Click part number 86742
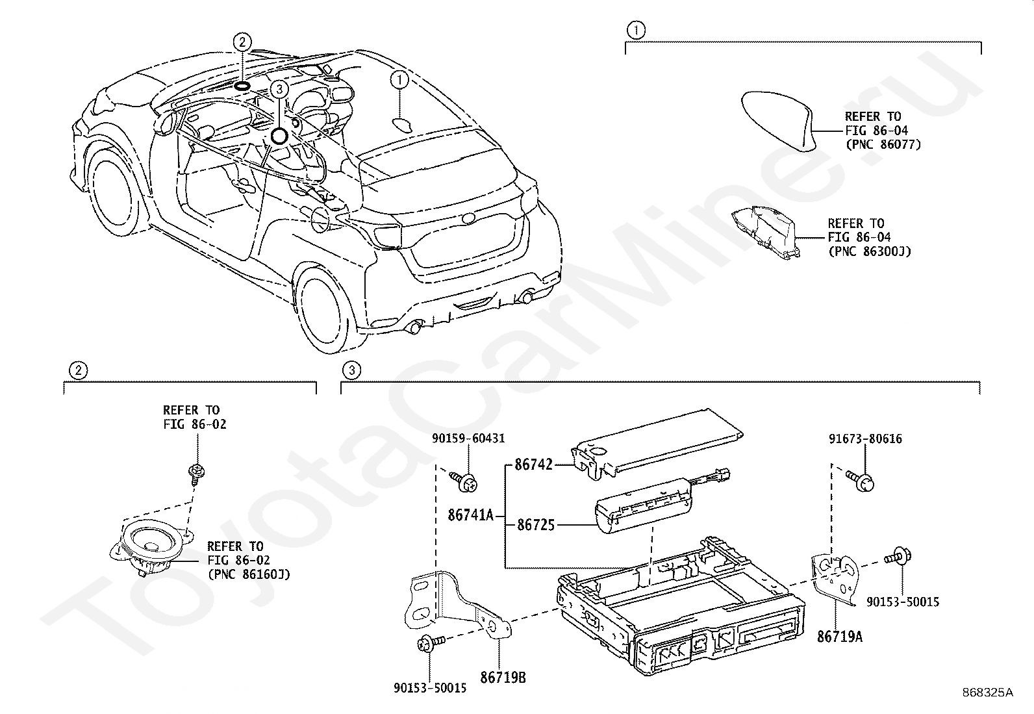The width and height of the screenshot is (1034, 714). [x=533, y=464]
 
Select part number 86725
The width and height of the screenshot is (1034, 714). [x=535, y=525]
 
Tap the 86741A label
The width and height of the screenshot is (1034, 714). [x=470, y=515]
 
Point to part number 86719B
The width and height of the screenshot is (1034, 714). [x=503, y=678]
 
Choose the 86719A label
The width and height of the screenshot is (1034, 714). [x=840, y=637]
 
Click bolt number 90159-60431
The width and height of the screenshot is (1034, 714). [x=468, y=439]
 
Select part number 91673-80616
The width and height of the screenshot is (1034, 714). [x=865, y=439]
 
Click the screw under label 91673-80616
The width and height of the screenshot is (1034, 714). [x=860, y=480]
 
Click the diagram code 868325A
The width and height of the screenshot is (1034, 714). [x=987, y=693]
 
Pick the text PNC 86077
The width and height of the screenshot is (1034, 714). [x=883, y=145]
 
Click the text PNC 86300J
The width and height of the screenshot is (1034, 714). [x=870, y=251]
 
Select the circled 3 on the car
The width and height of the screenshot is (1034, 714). [x=279, y=88]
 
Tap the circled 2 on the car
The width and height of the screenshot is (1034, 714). [x=242, y=42]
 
